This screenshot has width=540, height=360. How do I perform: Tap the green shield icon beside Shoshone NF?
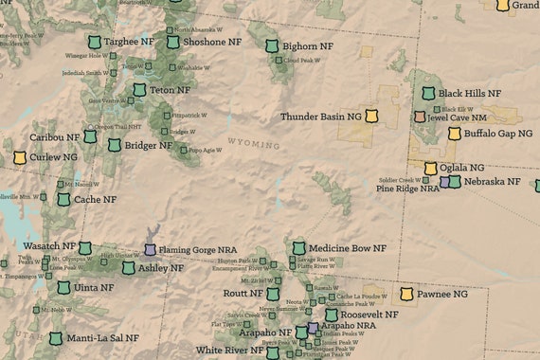173,42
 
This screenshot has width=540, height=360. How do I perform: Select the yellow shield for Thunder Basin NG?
382,117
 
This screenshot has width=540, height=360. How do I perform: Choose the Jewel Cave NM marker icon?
420,117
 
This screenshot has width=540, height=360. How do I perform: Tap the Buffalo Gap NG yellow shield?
455,134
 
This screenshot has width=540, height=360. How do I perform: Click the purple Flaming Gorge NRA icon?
150,250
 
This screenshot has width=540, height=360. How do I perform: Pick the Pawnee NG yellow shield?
407,295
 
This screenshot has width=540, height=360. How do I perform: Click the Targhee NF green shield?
94,43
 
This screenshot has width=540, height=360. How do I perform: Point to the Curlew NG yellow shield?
19,157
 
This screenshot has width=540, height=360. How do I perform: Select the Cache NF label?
96,200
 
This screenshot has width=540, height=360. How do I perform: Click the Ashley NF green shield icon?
129,268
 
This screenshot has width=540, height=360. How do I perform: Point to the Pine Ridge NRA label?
407,189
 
